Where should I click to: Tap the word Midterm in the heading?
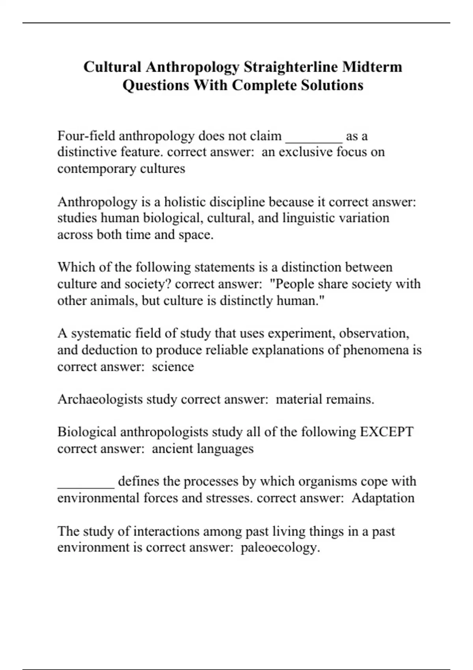pos(372,67)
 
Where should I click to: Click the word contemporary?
pos(93,169)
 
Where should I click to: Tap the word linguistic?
pos(290,218)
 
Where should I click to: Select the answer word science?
pos(173,367)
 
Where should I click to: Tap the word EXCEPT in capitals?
pos(386,432)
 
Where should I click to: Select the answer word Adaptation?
pos(383,498)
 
